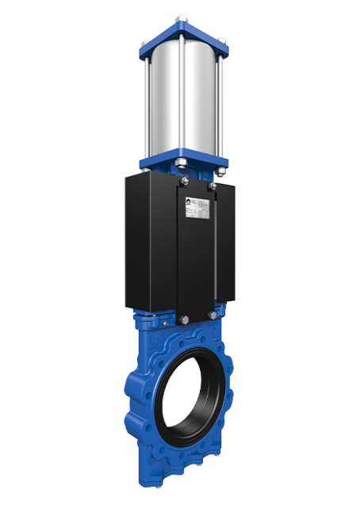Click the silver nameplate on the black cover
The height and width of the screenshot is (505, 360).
pyautogui.click(x=197, y=205)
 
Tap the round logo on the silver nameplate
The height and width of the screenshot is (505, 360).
pyautogui.click(x=189, y=202)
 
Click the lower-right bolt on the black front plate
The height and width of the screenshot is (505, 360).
pyautogui.click(x=212, y=315)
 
